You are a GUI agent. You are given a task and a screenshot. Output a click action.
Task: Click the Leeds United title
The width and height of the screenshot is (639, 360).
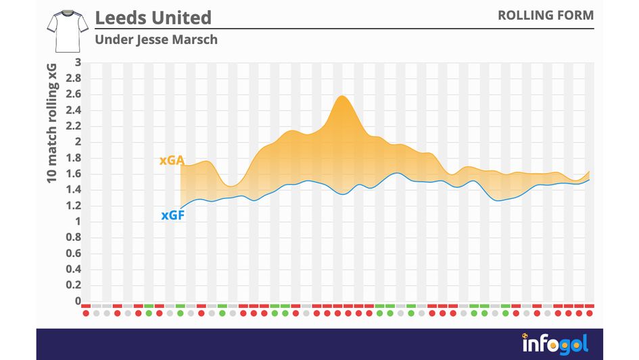(x=153, y=17)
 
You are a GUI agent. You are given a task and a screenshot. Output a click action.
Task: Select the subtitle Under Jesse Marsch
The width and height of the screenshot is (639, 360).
(x=156, y=39)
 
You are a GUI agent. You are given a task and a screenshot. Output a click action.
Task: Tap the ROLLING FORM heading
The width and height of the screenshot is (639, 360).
(x=546, y=15)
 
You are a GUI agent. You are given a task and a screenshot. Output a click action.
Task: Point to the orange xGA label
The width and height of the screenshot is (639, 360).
(x=172, y=160)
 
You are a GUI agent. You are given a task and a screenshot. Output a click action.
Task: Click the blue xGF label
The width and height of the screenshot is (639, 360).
(x=173, y=217)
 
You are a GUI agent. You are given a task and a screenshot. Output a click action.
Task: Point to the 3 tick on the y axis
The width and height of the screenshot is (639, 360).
(x=78, y=62)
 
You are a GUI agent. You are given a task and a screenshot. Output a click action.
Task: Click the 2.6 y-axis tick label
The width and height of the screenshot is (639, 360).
(x=73, y=94)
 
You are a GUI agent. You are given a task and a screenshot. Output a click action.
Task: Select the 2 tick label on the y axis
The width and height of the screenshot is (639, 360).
(x=78, y=141)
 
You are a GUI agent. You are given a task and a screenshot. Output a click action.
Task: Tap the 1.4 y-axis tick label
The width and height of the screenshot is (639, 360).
(x=73, y=189)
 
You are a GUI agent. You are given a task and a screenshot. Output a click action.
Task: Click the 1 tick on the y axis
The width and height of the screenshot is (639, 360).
(x=78, y=221)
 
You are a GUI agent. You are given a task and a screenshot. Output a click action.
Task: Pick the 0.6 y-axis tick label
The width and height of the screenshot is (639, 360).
(x=73, y=253)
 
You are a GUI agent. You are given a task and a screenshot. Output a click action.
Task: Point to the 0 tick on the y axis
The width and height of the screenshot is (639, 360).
(x=78, y=301)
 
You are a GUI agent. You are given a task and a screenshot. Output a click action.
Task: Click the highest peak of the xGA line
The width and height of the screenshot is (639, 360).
(x=342, y=96)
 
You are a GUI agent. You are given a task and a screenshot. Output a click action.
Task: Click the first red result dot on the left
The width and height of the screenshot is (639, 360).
(x=86, y=313)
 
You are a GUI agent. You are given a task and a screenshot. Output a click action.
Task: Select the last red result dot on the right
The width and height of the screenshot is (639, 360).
(x=589, y=313)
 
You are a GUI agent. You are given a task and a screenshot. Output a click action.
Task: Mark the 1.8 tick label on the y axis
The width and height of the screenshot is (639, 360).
(x=73, y=158)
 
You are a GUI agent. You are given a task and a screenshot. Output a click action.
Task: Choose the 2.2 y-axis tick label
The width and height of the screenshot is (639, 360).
(x=73, y=126)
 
